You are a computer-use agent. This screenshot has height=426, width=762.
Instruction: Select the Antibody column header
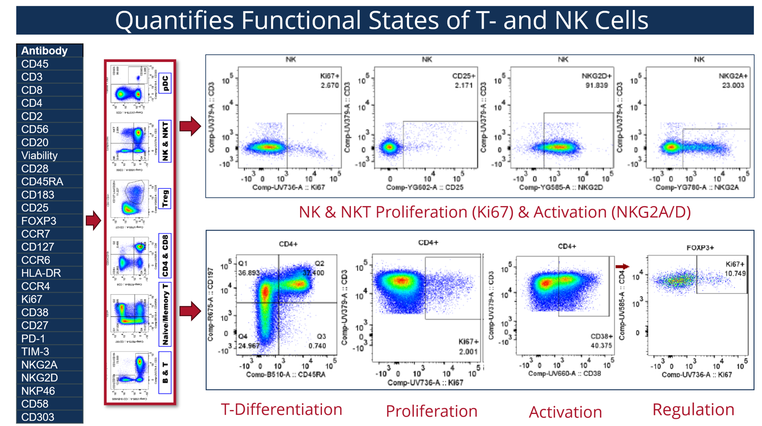(44, 51)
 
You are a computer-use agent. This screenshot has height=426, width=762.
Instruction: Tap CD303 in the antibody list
(37, 417)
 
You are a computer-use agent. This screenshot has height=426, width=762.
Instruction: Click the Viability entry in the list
(39, 155)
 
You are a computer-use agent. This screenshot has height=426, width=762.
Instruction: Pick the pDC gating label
(165, 83)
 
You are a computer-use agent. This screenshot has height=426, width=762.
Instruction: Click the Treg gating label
(165, 199)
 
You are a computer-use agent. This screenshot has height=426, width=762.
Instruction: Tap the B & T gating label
(165, 372)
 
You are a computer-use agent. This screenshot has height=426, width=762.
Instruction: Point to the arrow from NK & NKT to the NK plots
(190, 126)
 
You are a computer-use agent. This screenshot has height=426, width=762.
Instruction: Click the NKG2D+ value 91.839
(596, 85)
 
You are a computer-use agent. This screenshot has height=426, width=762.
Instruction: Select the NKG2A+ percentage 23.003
(732, 85)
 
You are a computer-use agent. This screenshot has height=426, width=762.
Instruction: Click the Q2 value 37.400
(313, 273)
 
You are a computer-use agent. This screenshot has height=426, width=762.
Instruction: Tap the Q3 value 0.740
(317, 346)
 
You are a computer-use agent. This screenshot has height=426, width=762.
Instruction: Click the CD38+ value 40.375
(601, 346)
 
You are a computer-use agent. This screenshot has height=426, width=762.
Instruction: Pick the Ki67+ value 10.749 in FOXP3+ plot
(735, 274)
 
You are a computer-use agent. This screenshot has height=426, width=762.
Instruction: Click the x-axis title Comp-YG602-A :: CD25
(425, 188)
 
